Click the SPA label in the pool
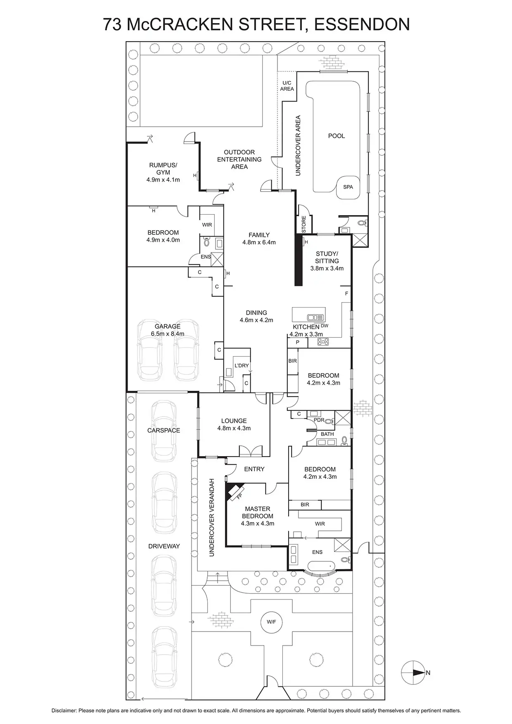348,187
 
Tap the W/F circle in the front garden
271,621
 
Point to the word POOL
337,136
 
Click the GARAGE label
168,327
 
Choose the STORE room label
304,224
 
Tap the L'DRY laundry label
242,366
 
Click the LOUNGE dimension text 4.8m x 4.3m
234,428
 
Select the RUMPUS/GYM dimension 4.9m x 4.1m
163,180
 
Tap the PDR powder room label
319,420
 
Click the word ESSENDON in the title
362,25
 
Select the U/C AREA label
287,86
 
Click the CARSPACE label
164,431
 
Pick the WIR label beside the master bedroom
320,524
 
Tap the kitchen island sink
315,317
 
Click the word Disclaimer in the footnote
64,711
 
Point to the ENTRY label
254,469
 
